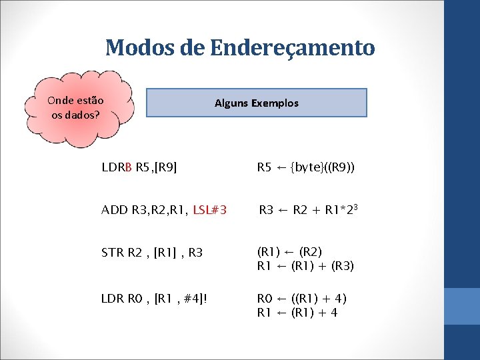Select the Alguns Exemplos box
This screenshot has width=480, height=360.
coord(257,103)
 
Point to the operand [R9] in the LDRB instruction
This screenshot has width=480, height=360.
coord(165,167)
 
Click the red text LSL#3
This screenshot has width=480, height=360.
coord(209,211)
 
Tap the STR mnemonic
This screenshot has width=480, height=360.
coord(112,253)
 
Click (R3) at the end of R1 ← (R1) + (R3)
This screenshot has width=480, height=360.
coord(341,266)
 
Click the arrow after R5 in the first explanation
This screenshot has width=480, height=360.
coord(282,167)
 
